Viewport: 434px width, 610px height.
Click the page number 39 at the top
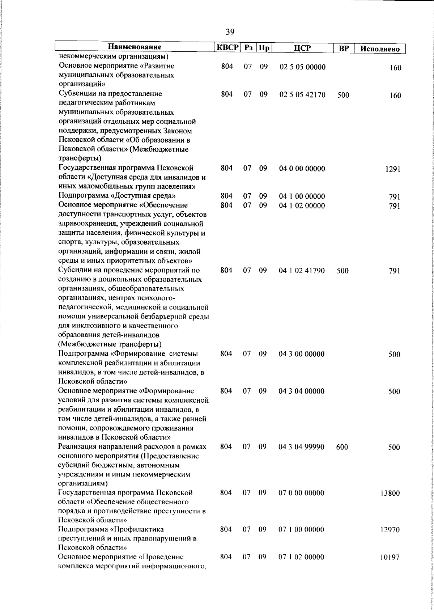tap(230, 32)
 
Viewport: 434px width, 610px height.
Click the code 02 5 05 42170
tap(302, 95)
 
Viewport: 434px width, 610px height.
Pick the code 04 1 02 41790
tap(302, 271)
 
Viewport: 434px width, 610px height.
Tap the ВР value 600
tap(342, 447)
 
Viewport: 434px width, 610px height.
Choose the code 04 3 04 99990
tap(301, 447)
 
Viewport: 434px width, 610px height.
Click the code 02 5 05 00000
tap(302, 67)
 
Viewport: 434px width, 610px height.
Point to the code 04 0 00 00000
tap(302, 169)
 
